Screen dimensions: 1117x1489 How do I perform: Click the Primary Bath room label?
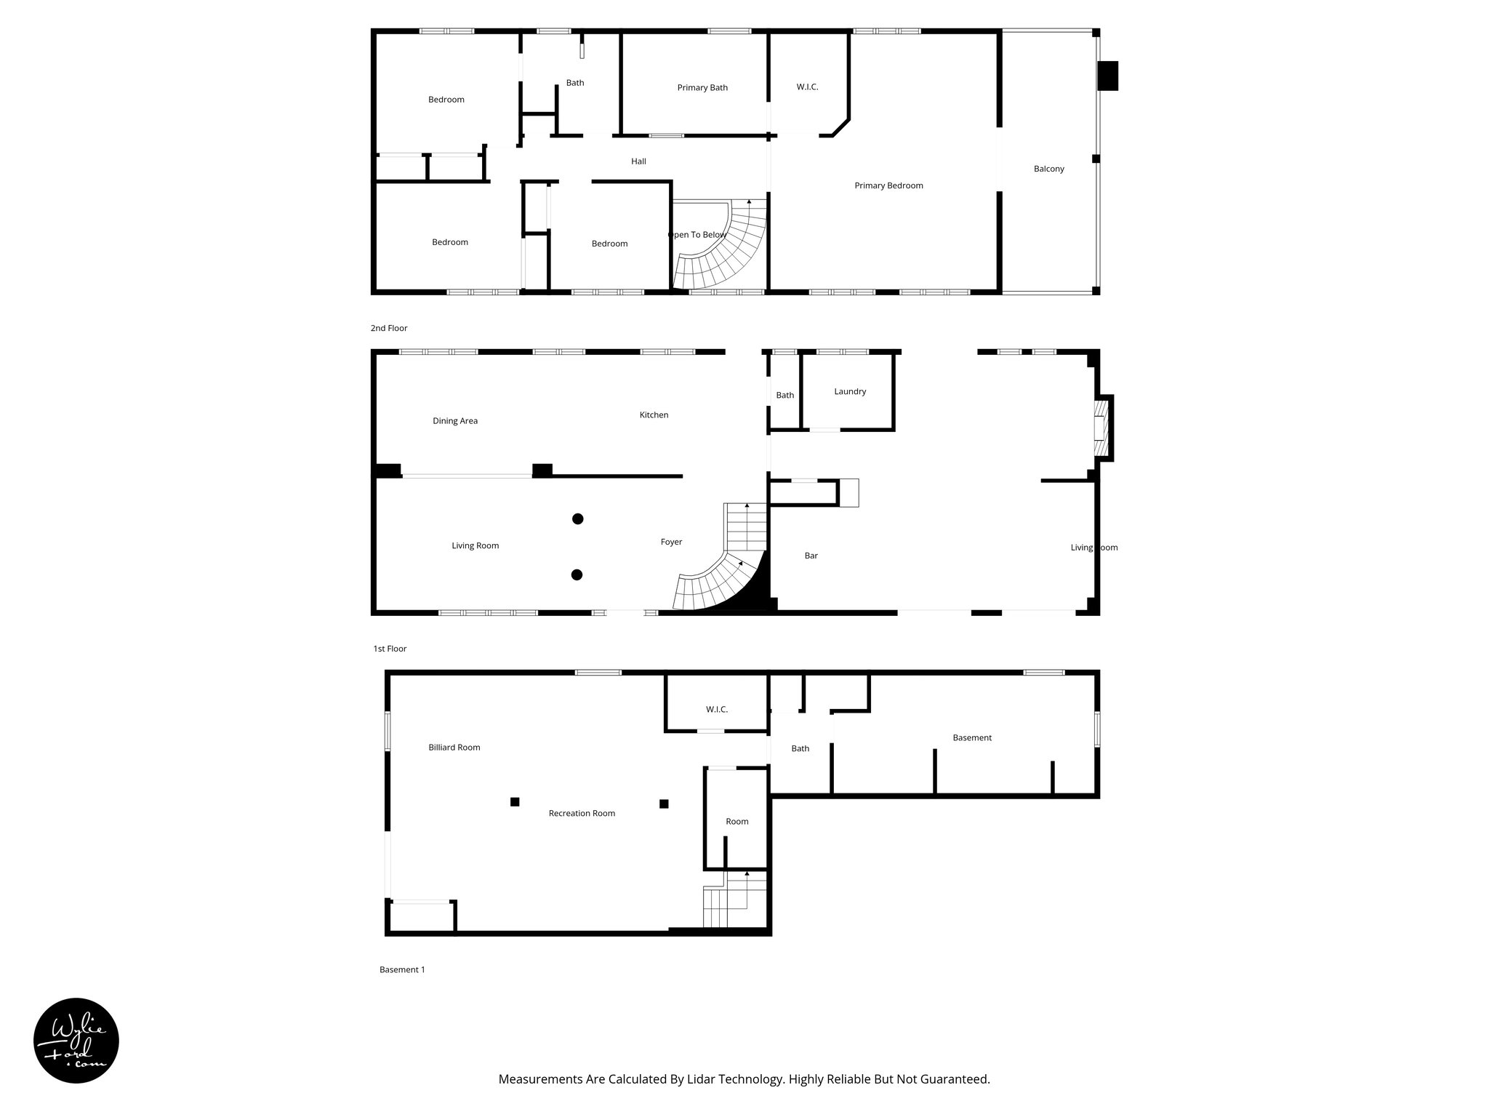pyautogui.click(x=702, y=88)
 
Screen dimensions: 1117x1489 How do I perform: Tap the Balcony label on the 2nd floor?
pyautogui.click(x=1048, y=169)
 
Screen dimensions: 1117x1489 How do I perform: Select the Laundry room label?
pyautogui.click(x=850, y=391)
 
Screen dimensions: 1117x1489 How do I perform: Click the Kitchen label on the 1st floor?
pyautogui.click(x=654, y=415)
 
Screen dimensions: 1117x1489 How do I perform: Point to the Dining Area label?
pyautogui.click(x=455, y=421)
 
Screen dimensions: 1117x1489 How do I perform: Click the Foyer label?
pyautogui.click(x=671, y=542)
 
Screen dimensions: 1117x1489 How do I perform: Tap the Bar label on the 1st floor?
pyautogui.click(x=811, y=556)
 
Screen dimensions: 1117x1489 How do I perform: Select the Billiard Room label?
pyautogui.click(x=454, y=748)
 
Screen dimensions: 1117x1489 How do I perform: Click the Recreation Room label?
pyautogui.click(x=582, y=814)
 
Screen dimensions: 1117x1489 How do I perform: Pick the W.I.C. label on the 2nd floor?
pyautogui.click(x=807, y=87)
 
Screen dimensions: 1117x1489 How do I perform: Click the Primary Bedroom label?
pyautogui.click(x=888, y=185)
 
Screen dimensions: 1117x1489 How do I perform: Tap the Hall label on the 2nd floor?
pyautogui.click(x=638, y=161)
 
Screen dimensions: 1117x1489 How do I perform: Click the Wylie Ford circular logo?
pyautogui.click(x=76, y=1041)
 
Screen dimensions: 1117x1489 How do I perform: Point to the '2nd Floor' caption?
pyautogui.click(x=389, y=329)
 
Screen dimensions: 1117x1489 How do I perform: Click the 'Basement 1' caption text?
pyautogui.click(x=402, y=969)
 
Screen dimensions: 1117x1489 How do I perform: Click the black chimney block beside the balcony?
pyautogui.click(x=1107, y=76)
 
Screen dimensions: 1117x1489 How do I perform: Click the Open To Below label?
pyautogui.click(x=697, y=235)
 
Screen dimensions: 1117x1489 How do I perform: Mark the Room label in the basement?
pyautogui.click(x=737, y=822)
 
